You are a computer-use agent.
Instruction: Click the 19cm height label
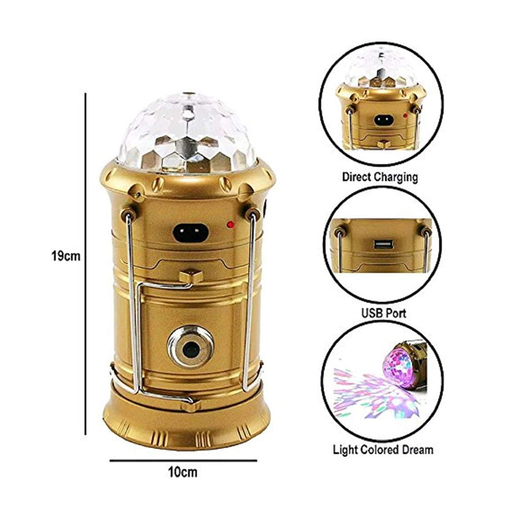66,257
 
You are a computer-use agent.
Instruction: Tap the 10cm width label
183,472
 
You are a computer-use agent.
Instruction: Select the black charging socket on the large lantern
191,232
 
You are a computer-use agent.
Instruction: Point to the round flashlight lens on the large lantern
190,347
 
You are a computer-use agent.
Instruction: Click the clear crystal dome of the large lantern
187,133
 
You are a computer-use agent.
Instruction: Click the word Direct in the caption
356,177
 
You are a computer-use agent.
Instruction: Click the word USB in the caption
372,313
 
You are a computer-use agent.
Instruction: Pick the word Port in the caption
395,313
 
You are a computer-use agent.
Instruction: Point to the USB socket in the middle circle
384,245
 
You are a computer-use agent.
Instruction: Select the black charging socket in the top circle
384,120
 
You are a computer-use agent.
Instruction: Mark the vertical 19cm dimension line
86,263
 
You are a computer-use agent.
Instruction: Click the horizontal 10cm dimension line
183,460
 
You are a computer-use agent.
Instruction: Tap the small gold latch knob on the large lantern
191,276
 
